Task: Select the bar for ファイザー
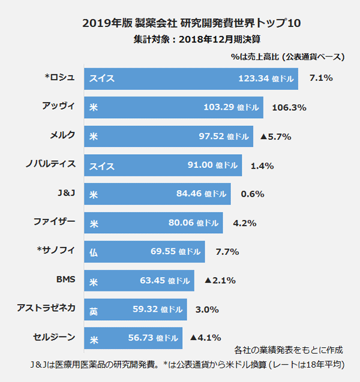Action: tap(154, 223)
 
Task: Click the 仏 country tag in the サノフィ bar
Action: tap(94, 252)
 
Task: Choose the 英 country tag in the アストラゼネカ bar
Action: tap(94, 310)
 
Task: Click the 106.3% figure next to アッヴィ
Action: tap(289, 108)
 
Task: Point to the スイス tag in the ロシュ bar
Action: tap(102, 79)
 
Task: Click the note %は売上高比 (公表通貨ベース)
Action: tap(287, 57)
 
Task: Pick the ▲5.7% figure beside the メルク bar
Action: tap(275, 137)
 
